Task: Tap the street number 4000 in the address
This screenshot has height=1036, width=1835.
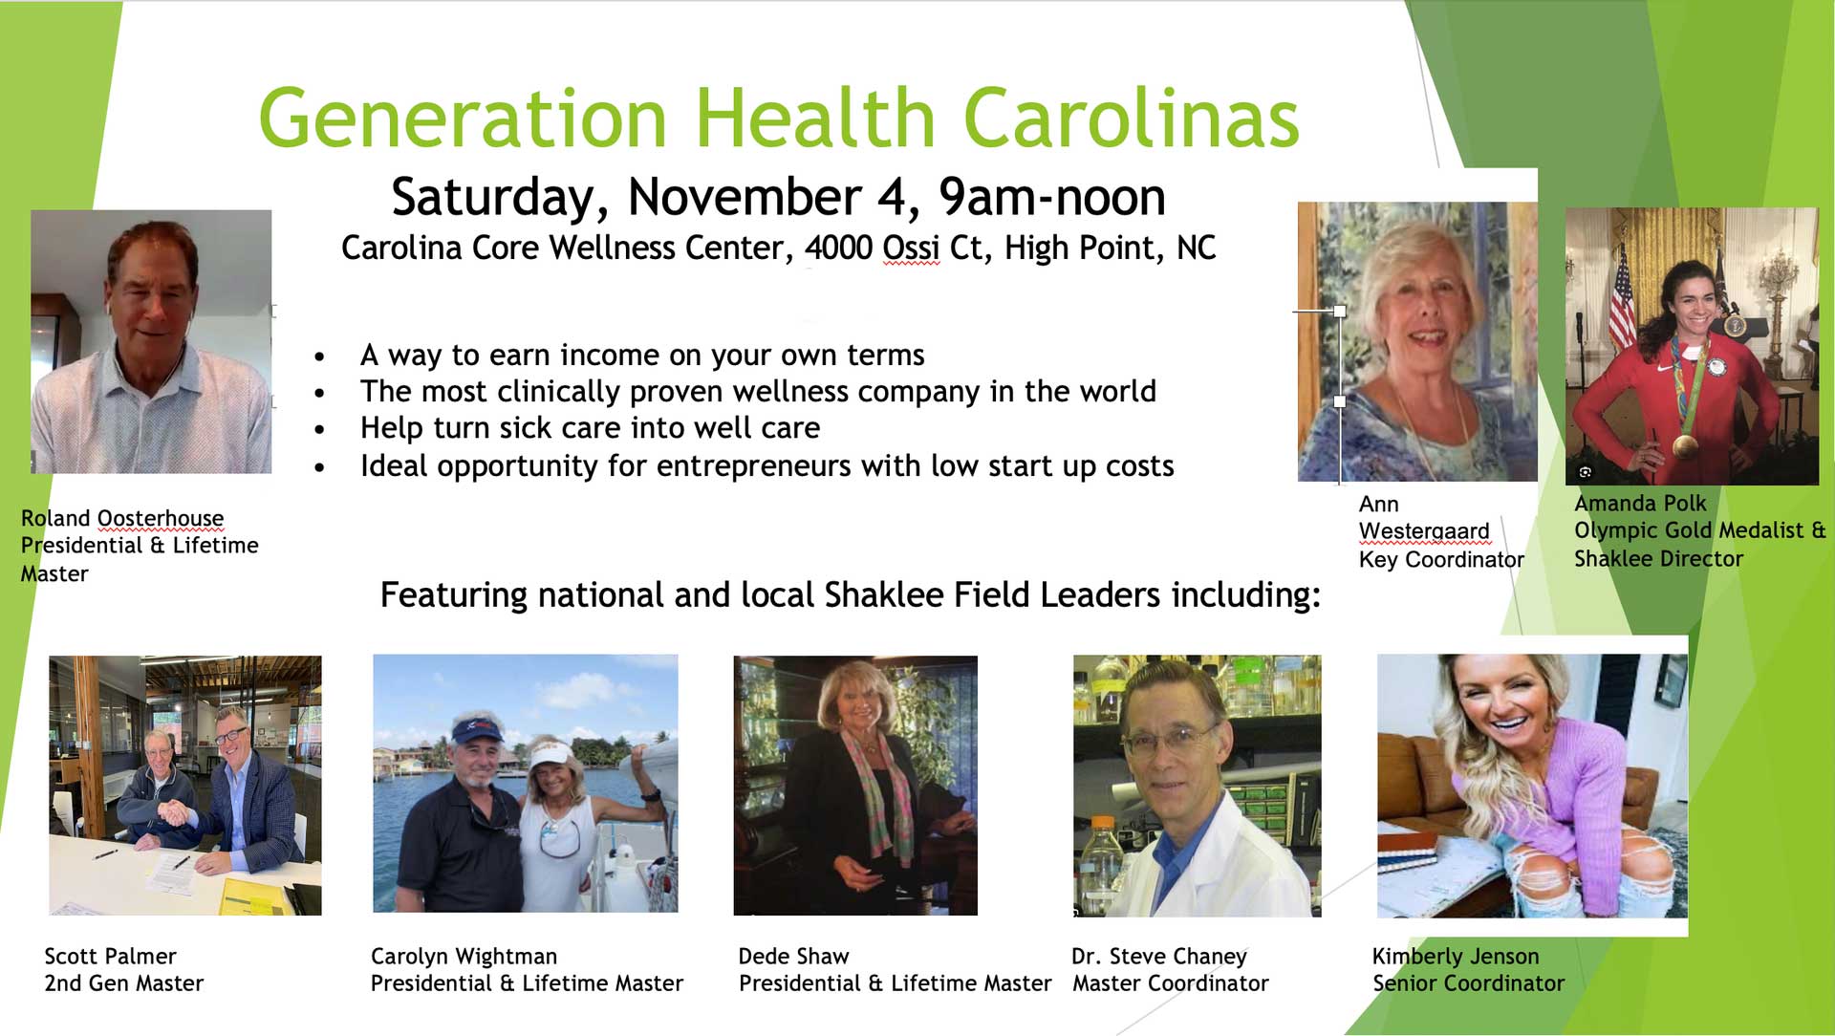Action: [838, 248]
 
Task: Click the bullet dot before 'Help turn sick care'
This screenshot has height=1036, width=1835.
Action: [319, 430]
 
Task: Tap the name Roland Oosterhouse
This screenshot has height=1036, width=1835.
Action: [122, 518]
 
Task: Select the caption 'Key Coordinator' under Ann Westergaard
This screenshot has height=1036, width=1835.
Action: [1441, 559]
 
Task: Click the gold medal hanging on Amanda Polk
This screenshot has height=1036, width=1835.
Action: [1685, 444]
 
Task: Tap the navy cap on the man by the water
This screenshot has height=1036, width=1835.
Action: [477, 731]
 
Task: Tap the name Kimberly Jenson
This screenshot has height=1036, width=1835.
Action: [1456, 956]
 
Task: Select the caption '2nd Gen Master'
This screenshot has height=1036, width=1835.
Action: [124, 982]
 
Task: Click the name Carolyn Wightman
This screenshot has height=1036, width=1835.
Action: [464, 956]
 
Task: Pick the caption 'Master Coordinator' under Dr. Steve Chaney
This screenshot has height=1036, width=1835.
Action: [1171, 982]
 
